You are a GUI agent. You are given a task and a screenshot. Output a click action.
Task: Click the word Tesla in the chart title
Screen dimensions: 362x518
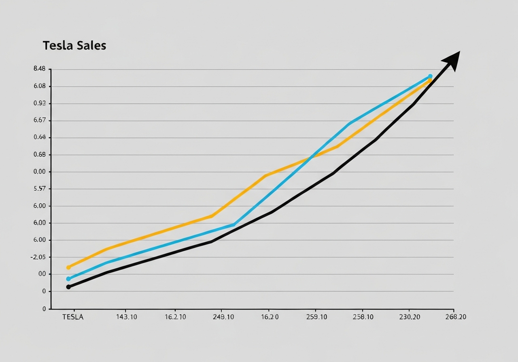pyautogui.click(x=57, y=46)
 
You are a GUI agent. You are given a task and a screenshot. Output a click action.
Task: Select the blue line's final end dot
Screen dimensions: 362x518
pyautogui.click(x=430, y=76)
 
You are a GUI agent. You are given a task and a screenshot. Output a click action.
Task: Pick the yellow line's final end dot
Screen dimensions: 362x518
pyautogui.click(x=429, y=81)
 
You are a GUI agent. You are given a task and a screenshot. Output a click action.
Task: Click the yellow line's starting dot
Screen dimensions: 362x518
pyautogui.click(x=68, y=267)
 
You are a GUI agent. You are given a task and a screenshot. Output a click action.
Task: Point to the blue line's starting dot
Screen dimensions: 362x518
pyautogui.click(x=68, y=279)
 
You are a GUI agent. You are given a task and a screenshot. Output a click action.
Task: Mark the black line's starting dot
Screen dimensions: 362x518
pyautogui.click(x=68, y=287)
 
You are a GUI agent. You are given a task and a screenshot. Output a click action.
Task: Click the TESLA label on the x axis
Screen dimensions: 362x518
pyautogui.click(x=73, y=317)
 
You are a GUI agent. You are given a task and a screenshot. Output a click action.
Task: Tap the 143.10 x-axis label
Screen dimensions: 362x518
pyautogui.click(x=127, y=317)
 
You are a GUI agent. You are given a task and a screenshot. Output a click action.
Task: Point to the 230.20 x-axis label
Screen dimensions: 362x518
pyautogui.click(x=409, y=317)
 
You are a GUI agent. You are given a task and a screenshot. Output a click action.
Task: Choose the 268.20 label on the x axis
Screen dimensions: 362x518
pyautogui.click(x=455, y=317)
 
